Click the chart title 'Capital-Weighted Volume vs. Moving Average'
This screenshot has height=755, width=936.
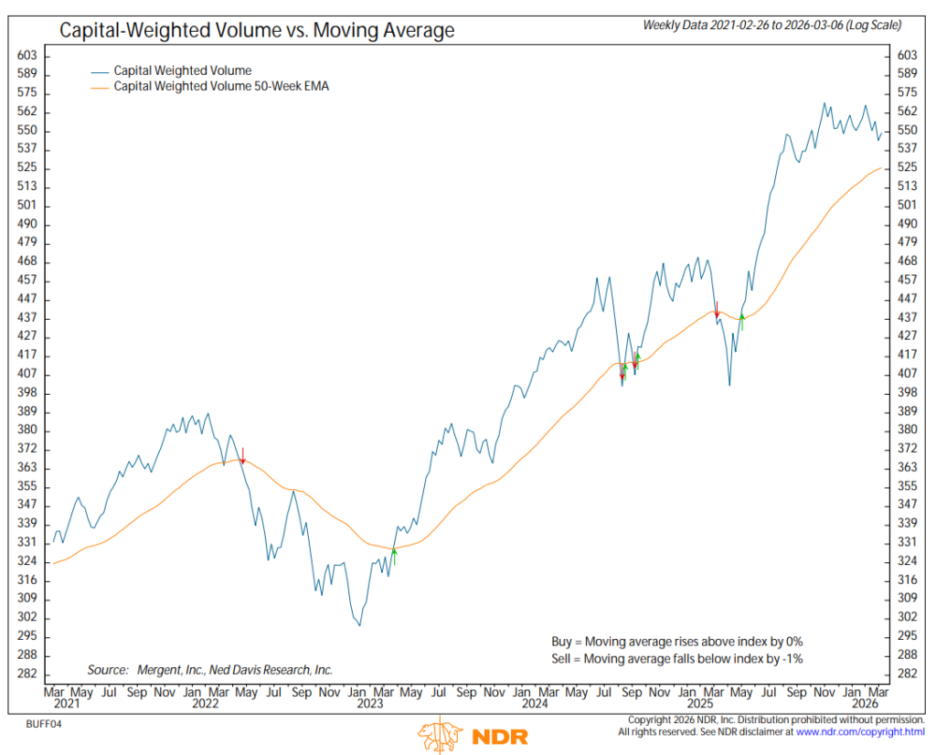pos(257,30)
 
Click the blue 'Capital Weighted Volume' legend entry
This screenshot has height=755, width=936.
pos(182,70)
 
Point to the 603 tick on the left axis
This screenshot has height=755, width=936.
pos(27,56)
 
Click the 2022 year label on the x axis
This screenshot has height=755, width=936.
pos(205,705)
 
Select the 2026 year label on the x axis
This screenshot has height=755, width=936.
pos(864,705)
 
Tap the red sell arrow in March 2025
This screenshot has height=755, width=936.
pos(718,310)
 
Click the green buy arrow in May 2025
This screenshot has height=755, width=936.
pos(742,321)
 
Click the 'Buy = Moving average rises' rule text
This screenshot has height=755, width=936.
pos(676,641)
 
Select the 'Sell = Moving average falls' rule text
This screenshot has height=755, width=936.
pos(676,658)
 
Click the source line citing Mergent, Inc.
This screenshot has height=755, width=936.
pos(209,670)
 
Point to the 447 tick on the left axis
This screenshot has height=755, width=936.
pos(27,299)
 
